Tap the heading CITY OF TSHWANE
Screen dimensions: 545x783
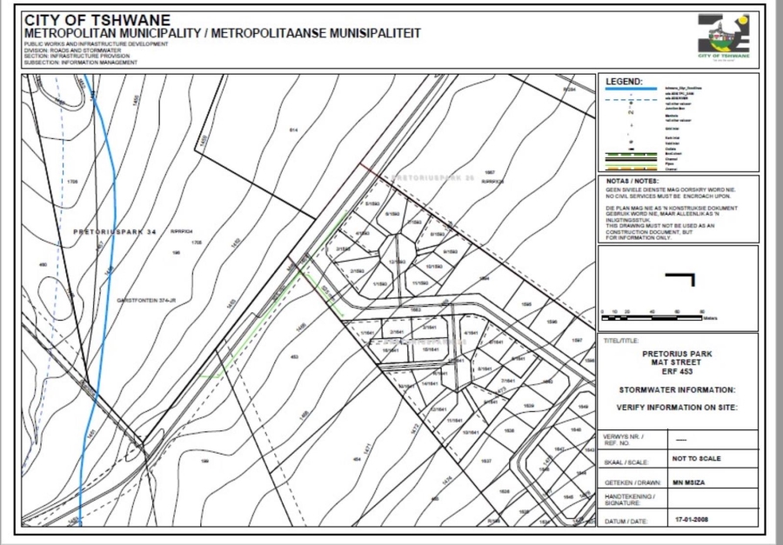pos(97,20)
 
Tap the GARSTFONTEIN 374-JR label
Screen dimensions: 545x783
pos(144,299)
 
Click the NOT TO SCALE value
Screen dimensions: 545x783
pos(696,458)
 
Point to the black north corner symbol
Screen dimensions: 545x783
pos(686,280)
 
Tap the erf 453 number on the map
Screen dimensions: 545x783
pos(294,356)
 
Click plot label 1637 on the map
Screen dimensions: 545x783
pos(486,460)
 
